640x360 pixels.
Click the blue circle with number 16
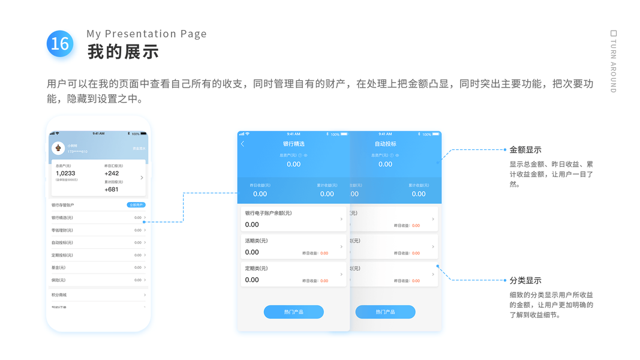tap(60, 44)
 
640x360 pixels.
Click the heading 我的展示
tap(123, 52)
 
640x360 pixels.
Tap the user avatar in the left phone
tap(58, 148)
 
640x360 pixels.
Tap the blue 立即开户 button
tap(136, 205)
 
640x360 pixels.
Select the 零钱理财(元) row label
tap(62, 230)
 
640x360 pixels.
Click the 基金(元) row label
tap(59, 268)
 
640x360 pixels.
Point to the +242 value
tap(112, 173)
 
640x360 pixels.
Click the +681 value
tap(112, 190)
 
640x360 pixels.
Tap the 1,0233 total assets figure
tap(65, 173)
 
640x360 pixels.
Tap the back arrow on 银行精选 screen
tap(242, 144)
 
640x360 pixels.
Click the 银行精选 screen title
tap(293, 144)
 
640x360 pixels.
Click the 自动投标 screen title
tap(385, 144)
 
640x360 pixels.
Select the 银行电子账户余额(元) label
tap(268, 213)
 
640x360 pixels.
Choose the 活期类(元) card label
tap(256, 241)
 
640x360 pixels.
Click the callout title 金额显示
tap(525, 150)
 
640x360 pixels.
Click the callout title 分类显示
tap(525, 280)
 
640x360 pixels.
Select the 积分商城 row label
tap(59, 295)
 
